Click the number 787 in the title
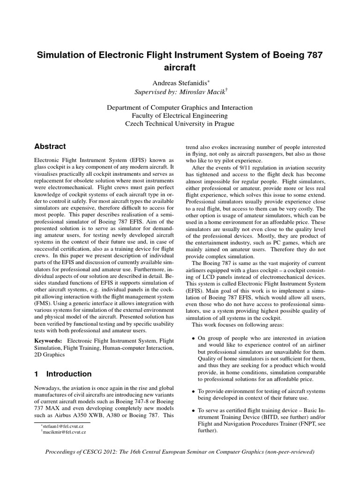click(311, 55)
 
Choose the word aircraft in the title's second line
click(180, 67)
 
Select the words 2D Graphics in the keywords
click(51, 355)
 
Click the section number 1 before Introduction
click(37, 374)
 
